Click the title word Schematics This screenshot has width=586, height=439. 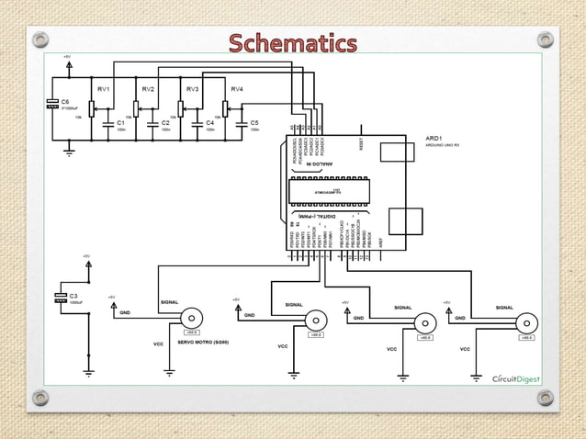click(x=292, y=43)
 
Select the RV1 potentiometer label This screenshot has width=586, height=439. click(x=104, y=89)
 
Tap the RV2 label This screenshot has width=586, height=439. click(x=148, y=89)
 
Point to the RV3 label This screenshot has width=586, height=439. click(x=192, y=89)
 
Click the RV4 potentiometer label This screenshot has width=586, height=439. click(x=237, y=89)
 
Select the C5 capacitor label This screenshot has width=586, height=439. click(x=254, y=122)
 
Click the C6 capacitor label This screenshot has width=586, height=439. click(x=65, y=101)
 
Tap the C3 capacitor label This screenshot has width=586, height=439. click(x=73, y=296)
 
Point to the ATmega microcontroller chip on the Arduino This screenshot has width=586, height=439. click(x=329, y=191)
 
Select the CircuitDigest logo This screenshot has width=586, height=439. click(x=520, y=378)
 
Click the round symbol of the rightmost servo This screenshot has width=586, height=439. click(x=527, y=322)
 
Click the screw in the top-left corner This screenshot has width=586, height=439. click(x=39, y=39)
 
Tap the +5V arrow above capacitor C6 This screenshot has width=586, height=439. click(x=70, y=62)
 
